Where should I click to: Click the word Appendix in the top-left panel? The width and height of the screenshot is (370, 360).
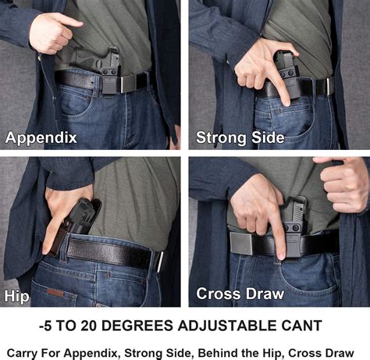(x=41, y=138)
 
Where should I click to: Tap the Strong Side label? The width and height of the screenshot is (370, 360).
(x=240, y=138)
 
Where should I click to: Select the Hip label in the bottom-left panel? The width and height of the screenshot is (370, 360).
(x=17, y=296)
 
